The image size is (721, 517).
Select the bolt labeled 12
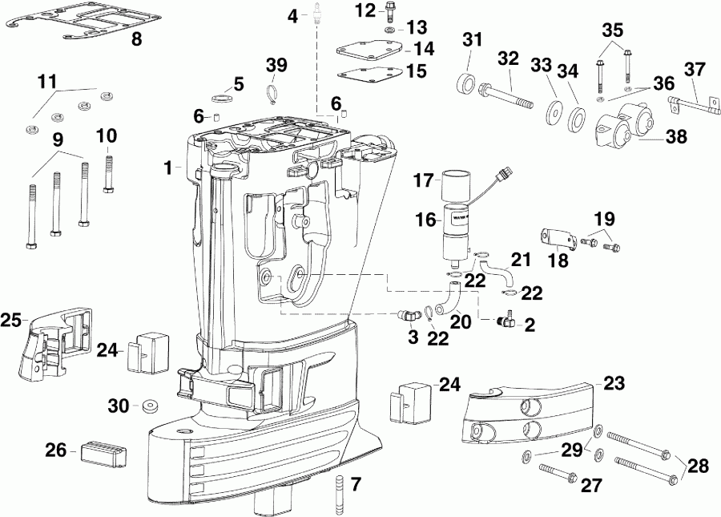tap(390, 12)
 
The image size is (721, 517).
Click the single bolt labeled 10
tap(107, 172)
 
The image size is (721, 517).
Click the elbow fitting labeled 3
tap(409, 314)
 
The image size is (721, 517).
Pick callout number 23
tap(614, 384)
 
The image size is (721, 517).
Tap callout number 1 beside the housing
tap(168, 168)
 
